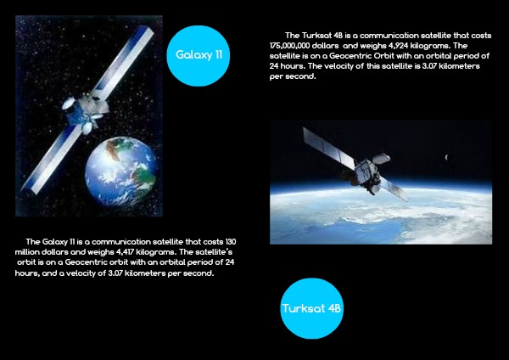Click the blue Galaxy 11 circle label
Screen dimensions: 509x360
tap(199, 55)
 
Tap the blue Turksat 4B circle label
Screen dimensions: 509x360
tap(311, 308)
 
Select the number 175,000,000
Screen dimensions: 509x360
tap(288, 46)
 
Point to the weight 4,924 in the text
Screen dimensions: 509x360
tap(398, 46)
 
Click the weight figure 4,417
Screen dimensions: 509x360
tap(125, 252)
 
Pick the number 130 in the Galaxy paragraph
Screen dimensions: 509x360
tap(231, 242)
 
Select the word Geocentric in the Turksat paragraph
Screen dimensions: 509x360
tap(350, 56)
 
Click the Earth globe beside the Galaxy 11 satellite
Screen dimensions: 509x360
tap(121, 172)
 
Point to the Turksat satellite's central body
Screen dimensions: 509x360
tap(367, 174)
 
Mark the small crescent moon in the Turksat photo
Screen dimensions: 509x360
tap(447, 157)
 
